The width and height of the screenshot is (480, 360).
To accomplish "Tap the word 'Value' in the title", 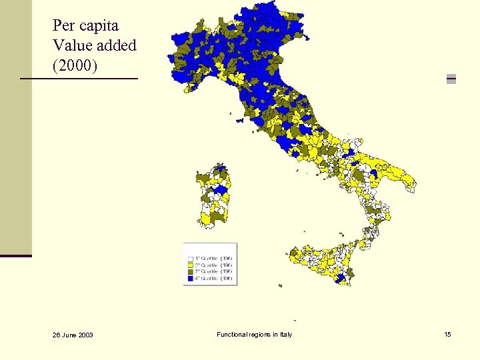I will [x=72, y=46].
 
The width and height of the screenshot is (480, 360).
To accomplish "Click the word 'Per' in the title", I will [x=64, y=26].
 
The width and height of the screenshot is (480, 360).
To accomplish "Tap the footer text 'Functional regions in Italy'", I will [x=254, y=334].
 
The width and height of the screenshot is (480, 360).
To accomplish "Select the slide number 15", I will [x=447, y=334].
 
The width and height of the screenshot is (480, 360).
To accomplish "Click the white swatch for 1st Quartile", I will [x=190, y=258].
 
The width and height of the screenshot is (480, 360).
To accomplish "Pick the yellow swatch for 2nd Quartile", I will [x=190, y=265].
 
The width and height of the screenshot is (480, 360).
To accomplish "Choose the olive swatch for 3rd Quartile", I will [x=190, y=272].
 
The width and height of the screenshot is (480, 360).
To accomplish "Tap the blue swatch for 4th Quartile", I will [x=190, y=279].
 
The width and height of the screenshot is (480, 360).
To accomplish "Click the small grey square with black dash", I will [x=451, y=78].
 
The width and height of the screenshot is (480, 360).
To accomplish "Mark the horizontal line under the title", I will [x=79, y=79].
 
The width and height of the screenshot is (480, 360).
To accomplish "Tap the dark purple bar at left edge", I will [x=16, y=255].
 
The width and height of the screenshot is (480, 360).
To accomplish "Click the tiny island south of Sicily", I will [x=295, y=320].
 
